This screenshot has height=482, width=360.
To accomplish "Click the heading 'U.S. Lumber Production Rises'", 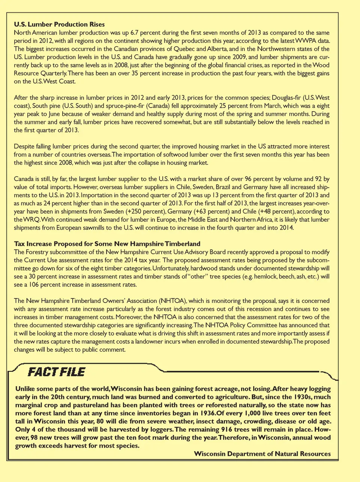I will coord(59,24).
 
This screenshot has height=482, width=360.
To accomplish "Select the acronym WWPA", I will coord(306,41).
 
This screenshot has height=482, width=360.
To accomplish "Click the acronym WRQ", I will coord(30,220).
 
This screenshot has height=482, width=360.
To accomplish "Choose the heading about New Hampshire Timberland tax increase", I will coord(107,244).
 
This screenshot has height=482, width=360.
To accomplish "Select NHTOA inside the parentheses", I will coord(172,301).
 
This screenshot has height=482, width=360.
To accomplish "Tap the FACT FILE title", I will coord(57,372).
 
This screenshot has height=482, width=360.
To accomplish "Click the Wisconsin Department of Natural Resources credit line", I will coord(262,454).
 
